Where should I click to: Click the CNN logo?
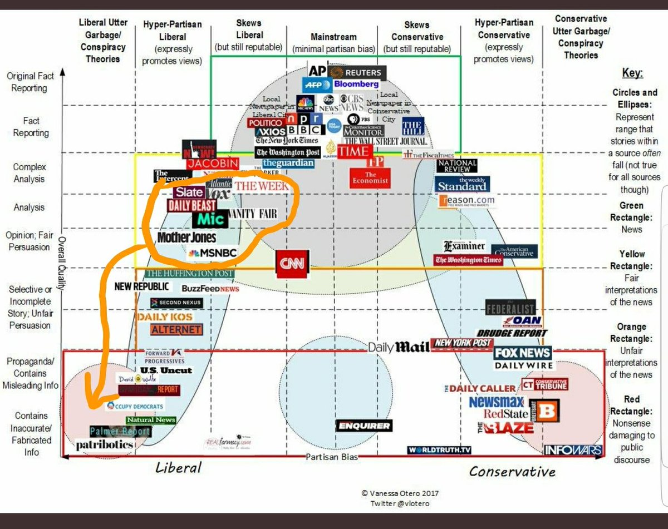coord(292,264)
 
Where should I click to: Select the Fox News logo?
coord(523,353)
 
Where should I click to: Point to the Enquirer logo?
coord(364,426)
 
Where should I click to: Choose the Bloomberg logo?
coord(356,84)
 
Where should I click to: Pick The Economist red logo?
coord(370,178)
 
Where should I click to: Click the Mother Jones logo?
coord(186,238)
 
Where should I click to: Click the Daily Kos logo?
coord(165,317)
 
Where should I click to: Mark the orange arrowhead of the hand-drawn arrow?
coord(92,403)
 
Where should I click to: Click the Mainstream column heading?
coord(333,37)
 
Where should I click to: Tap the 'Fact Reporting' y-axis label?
coord(31,127)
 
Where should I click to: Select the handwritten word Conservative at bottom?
coord(512,471)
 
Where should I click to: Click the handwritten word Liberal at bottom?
coord(178,467)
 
